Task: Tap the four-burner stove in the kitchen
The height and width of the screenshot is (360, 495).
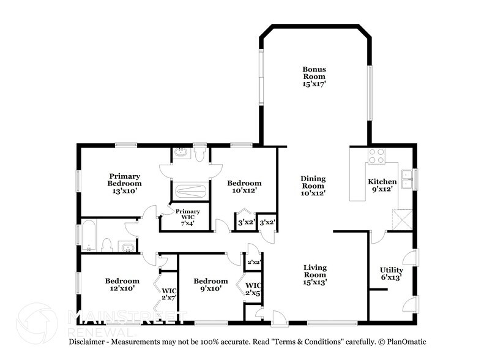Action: [x=375, y=156]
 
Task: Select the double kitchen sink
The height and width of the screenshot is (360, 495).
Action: [x=408, y=178]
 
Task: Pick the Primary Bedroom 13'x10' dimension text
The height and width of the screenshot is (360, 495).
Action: [x=125, y=191]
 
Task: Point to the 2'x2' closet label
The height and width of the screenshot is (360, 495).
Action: [x=253, y=262]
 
